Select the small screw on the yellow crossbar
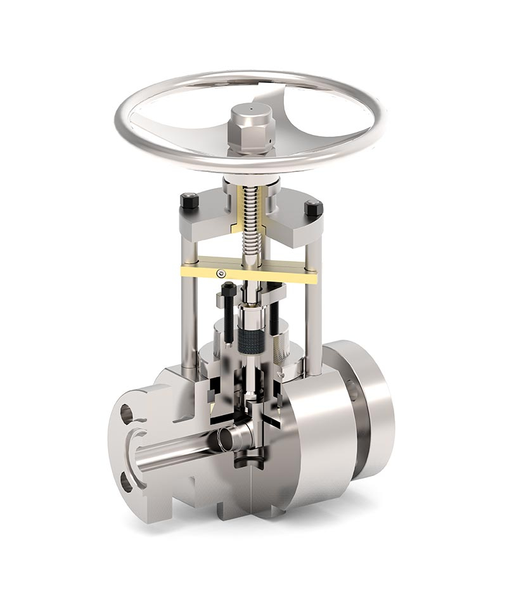220,273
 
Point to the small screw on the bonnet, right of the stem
276,317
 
